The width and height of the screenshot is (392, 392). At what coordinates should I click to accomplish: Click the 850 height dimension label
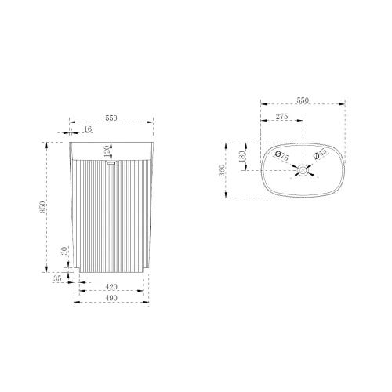(x=42, y=207)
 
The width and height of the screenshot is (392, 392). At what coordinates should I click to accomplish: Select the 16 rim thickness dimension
(x=88, y=129)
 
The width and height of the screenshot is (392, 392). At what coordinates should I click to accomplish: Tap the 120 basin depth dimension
(x=107, y=151)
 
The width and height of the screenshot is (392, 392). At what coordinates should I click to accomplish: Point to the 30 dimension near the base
(x=64, y=251)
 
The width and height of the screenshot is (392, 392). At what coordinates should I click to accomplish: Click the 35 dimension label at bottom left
(x=57, y=278)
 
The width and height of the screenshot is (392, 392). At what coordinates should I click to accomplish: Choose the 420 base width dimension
(x=111, y=287)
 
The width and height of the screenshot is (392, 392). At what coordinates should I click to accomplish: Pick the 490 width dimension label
(x=111, y=298)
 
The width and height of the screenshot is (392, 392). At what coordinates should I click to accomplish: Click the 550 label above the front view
(x=111, y=118)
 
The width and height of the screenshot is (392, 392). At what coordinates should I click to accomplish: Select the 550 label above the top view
(x=303, y=100)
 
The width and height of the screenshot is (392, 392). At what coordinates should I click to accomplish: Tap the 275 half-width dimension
(x=282, y=117)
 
